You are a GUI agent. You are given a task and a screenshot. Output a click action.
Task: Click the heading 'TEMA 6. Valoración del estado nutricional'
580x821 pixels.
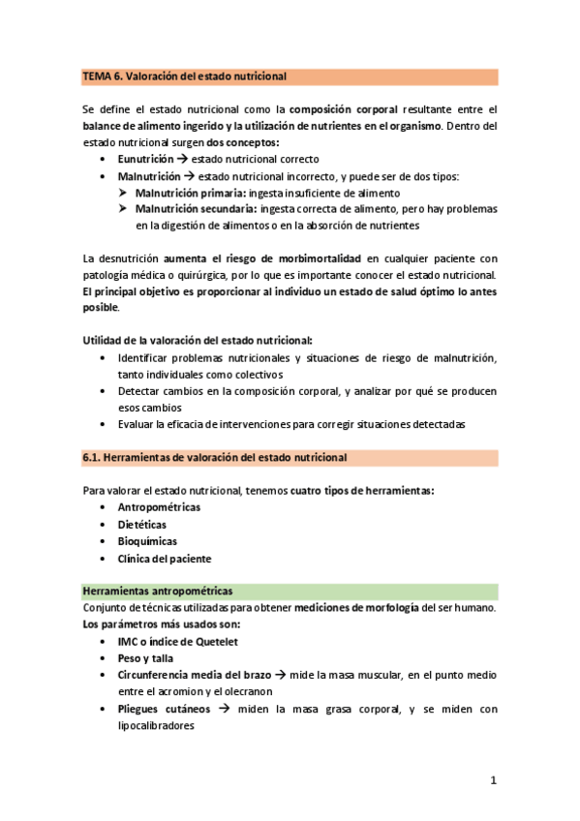coord(184,76)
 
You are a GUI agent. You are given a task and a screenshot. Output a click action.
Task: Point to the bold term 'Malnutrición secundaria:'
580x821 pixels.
coord(196,209)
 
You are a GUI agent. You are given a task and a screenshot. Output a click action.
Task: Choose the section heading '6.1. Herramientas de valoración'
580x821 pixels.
coord(214,457)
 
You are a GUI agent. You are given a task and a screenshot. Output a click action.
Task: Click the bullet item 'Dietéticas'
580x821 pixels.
coord(143,525)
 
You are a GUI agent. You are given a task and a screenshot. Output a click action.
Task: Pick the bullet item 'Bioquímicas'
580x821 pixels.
coord(147,541)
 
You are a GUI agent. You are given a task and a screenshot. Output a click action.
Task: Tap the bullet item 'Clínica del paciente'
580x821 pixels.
coord(165,559)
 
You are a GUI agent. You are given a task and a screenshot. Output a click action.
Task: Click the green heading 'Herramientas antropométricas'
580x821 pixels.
coord(157,591)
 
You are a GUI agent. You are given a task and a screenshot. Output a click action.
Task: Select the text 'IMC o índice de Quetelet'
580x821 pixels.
coord(178,641)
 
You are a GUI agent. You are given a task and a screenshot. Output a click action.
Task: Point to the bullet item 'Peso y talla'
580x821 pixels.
coord(147,657)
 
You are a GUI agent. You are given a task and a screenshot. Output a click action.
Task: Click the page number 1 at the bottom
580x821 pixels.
coord(493,780)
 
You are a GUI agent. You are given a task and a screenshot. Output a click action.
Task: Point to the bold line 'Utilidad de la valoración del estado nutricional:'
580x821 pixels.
coord(198,341)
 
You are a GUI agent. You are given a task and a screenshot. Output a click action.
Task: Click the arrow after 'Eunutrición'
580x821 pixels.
coord(182,159)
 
